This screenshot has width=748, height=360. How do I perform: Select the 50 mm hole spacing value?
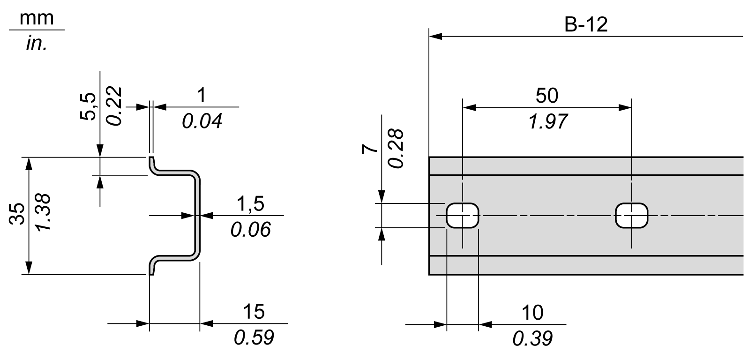point(546,96)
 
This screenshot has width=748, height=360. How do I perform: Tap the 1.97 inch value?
point(546,122)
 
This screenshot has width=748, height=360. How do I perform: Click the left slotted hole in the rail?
point(463,216)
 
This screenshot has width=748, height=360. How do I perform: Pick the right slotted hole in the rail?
point(632,216)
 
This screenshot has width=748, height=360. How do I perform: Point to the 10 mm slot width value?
point(532,312)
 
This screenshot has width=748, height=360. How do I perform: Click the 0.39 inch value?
point(532,338)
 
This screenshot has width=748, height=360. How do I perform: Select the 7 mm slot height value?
point(370,149)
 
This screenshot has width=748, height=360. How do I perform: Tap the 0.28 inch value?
point(396,149)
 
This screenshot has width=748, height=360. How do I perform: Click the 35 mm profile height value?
point(18,215)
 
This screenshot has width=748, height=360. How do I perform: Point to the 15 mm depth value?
point(254,311)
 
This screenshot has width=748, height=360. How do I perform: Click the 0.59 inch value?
point(254,337)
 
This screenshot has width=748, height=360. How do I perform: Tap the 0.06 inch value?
point(250,230)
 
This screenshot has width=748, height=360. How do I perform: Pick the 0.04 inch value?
point(202,122)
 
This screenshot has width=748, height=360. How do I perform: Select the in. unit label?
point(37,45)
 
